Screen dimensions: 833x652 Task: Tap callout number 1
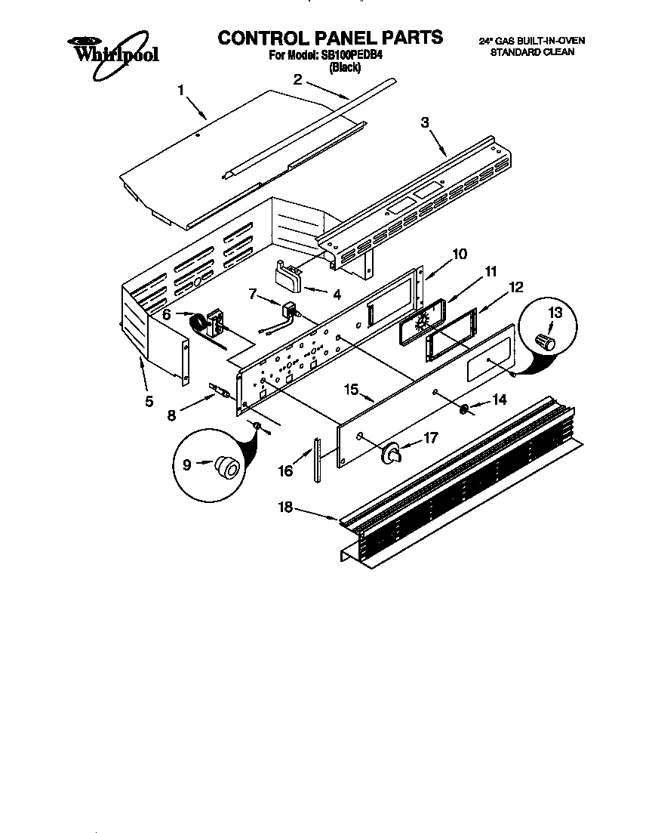coord(181,91)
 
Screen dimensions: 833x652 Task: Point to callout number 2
coord(298,79)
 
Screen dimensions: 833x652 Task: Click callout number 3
coord(425,122)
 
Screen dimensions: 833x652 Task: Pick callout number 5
coord(149,401)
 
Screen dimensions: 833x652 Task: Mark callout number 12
coord(516,287)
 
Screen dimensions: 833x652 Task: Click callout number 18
coord(285,508)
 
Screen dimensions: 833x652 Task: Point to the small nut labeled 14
coord(465,409)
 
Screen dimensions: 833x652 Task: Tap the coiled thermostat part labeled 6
coord(201,323)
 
